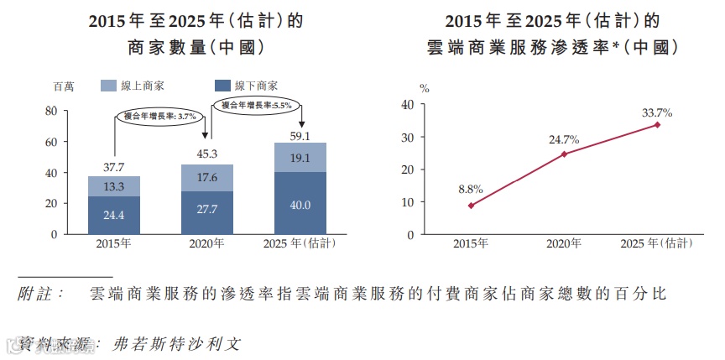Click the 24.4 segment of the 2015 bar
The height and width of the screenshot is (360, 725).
point(114,216)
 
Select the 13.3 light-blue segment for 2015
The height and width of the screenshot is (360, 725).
point(114,186)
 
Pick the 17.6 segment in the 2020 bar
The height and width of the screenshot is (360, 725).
point(207,178)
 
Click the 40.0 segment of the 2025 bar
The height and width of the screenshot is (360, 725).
point(300,204)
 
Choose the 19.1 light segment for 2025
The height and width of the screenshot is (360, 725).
point(300,158)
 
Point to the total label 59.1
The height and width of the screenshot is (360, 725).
point(300,135)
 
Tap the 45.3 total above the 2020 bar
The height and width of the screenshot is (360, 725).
point(207,154)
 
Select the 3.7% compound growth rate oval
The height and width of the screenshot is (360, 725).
point(159,116)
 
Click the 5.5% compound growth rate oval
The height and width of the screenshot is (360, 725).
point(256,105)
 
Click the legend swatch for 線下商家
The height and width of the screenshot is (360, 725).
point(222,86)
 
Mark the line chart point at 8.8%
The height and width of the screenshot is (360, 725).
point(471,206)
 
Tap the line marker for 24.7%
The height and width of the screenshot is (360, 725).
point(564,154)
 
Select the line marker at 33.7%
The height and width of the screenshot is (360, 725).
point(657,124)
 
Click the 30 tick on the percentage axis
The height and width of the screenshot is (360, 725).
point(408,137)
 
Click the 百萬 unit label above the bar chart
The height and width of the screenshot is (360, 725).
point(64,86)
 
